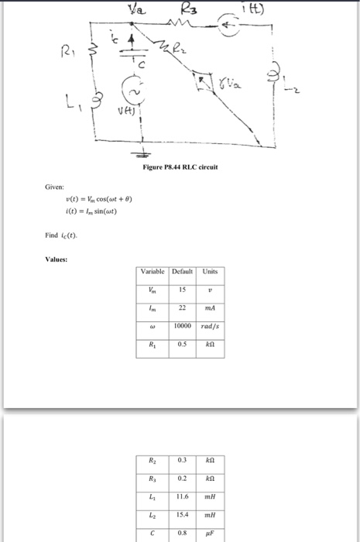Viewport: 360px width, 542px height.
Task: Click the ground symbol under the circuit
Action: click(x=141, y=153)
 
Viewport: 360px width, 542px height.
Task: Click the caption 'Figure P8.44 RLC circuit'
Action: click(x=180, y=167)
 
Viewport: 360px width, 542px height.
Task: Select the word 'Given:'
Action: click(x=53, y=187)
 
